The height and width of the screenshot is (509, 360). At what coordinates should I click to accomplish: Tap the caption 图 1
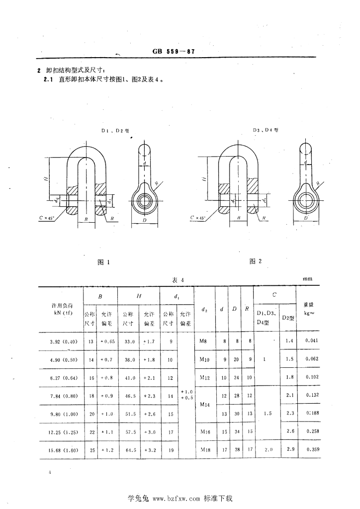(x=103, y=262)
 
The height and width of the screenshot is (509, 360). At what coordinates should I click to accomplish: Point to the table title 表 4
(x=178, y=280)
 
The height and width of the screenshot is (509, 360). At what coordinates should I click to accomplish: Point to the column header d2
(x=205, y=310)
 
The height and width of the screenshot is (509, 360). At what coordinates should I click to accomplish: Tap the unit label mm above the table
(x=307, y=279)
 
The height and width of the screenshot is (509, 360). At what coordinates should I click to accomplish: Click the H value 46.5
(x=128, y=396)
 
